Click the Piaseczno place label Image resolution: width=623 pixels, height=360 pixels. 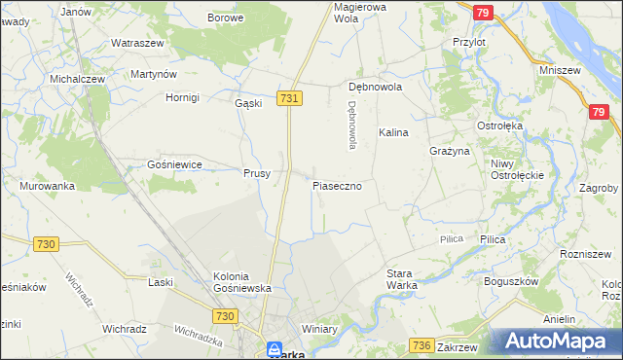tap(337, 185)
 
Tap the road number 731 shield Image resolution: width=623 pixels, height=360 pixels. tap(289, 98)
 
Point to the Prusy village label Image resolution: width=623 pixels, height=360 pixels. tap(257, 174)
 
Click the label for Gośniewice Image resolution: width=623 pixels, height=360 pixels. tap(174, 165)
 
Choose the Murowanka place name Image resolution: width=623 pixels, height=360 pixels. tap(47, 186)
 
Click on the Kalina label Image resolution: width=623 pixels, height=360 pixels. tap(393, 131)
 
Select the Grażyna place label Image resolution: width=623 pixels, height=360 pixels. tap(450, 152)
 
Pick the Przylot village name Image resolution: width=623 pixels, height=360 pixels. tap(469, 43)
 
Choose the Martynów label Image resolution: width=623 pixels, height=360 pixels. tap(153, 74)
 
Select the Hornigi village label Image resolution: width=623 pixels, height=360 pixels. tap(182, 97)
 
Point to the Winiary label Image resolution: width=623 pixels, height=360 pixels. tap(319, 329)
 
